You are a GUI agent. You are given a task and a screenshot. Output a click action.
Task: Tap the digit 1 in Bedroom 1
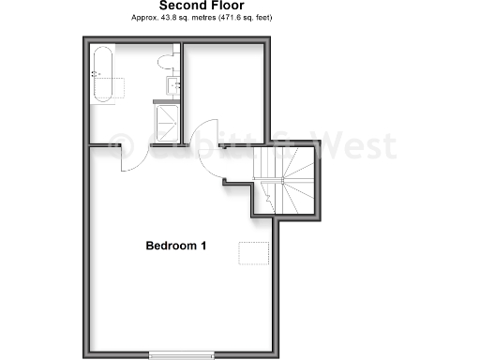(203, 246)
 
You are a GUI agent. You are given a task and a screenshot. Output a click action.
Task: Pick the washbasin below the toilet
(173, 84)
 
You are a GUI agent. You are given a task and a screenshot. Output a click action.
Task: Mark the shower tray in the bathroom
(167, 119)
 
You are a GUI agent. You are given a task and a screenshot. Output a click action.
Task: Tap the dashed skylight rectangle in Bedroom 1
(251, 252)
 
